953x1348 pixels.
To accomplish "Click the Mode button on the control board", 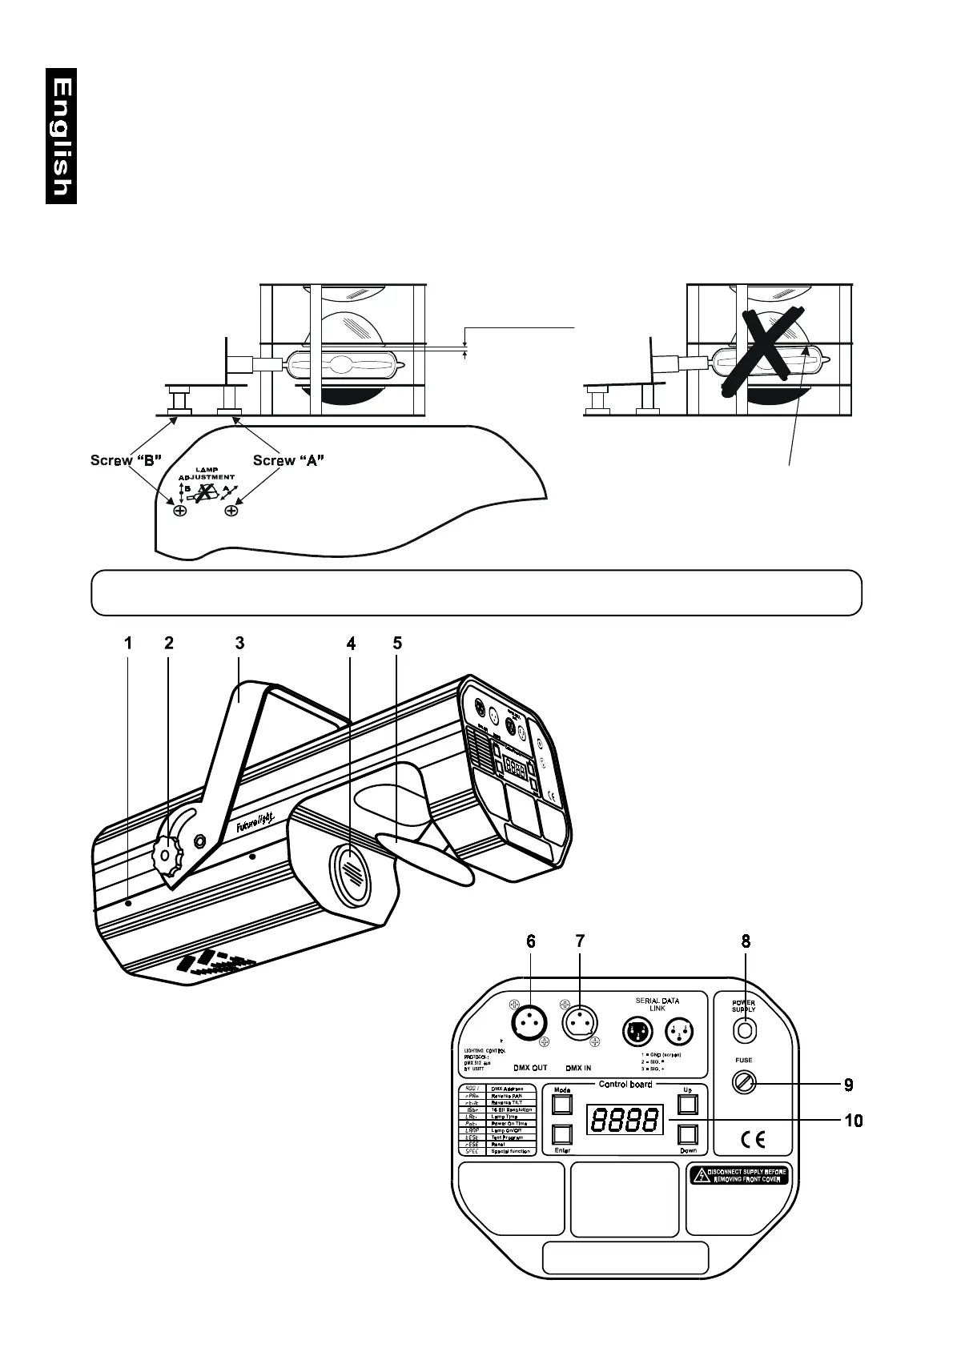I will point(562,1105).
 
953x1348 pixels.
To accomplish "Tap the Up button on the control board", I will point(688,1105).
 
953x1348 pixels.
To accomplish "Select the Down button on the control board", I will point(688,1135).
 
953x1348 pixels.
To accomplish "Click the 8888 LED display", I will point(625,1120).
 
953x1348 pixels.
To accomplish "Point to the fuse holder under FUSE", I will point(744,1085).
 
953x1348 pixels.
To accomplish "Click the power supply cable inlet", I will point(744,1031).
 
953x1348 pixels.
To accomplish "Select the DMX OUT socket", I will point(528,1023).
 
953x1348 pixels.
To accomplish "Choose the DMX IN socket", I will point(579,1023).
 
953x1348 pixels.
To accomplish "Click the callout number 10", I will point(854,1121).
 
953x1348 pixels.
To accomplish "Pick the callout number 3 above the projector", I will point(239,643).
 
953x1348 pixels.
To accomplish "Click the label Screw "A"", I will point(288,460).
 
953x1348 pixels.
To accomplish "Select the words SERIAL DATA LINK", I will point(657,1005).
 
